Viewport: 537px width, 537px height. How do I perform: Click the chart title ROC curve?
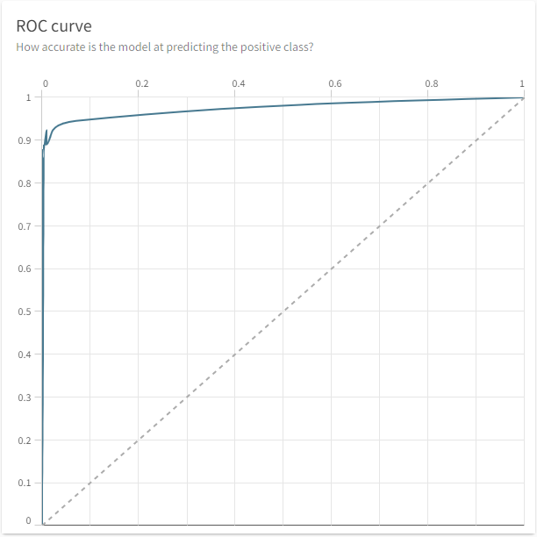54,25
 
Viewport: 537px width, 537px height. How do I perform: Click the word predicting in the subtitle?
189,47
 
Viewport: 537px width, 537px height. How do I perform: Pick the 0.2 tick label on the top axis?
142,83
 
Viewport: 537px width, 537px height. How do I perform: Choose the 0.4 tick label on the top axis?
239,83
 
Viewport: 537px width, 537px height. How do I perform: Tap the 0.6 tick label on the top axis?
335,83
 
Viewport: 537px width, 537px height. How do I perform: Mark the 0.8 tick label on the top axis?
432,83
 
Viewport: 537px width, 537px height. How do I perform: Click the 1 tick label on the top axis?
522,83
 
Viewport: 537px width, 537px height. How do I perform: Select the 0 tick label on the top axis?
46,83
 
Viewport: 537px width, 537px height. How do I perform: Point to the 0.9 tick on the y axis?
27,140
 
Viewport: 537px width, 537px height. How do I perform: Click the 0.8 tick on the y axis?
27,183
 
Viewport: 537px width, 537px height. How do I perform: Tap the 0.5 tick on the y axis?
27,311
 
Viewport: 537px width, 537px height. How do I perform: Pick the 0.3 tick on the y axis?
27,397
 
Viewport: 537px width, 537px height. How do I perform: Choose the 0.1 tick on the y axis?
27,483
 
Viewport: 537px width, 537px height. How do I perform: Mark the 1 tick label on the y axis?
29,97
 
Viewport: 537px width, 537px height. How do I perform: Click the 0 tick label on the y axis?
29,521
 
